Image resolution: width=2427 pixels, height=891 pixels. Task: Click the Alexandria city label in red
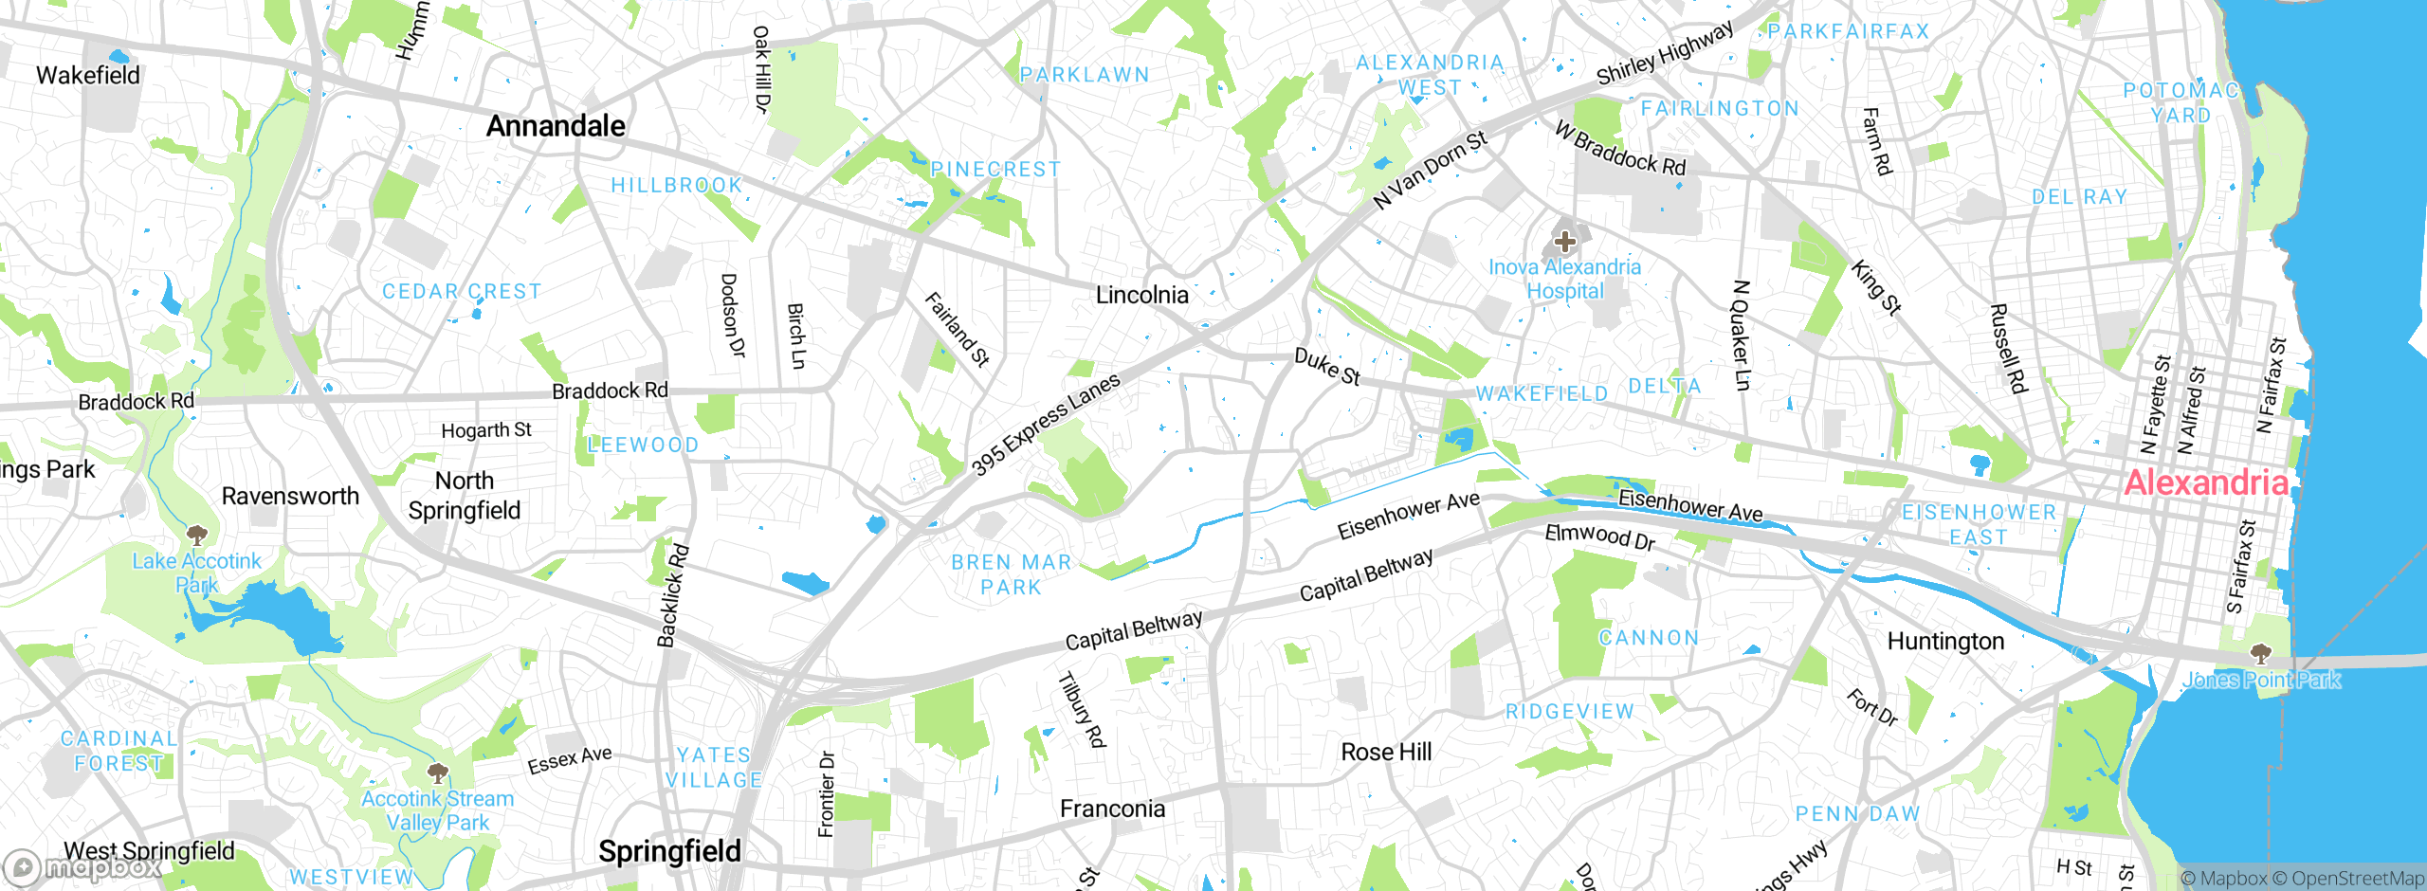point(2205,482)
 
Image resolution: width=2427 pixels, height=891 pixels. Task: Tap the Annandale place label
point(556,126)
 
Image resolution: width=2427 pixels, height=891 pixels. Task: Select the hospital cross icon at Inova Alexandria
point(1565,242)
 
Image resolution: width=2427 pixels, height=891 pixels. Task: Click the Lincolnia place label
point(1141,295)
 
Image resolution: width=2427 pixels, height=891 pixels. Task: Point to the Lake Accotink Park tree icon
point(197,535)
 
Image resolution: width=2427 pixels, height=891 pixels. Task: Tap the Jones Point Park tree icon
point(2261,654)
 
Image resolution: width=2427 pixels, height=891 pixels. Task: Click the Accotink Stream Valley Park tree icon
point(437,773)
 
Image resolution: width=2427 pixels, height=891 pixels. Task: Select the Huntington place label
point(1945,642)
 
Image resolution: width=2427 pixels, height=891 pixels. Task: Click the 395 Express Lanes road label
point(1046,424)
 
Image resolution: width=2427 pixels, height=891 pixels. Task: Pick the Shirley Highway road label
point(1665,53)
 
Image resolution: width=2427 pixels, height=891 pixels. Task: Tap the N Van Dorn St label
point(1431,170)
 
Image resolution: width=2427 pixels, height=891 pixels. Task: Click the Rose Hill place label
point(1386,752)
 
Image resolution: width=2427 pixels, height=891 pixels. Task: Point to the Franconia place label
point(1112,809)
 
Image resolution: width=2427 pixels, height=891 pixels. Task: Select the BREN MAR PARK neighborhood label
point(1011,574)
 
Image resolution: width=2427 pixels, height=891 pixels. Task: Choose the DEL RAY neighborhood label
point(2079,197)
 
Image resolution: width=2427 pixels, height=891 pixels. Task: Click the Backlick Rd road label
point(673,596)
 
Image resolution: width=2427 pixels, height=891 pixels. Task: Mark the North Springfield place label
point(465,496)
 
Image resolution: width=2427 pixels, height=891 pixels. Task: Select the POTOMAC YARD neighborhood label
point(2181,102)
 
